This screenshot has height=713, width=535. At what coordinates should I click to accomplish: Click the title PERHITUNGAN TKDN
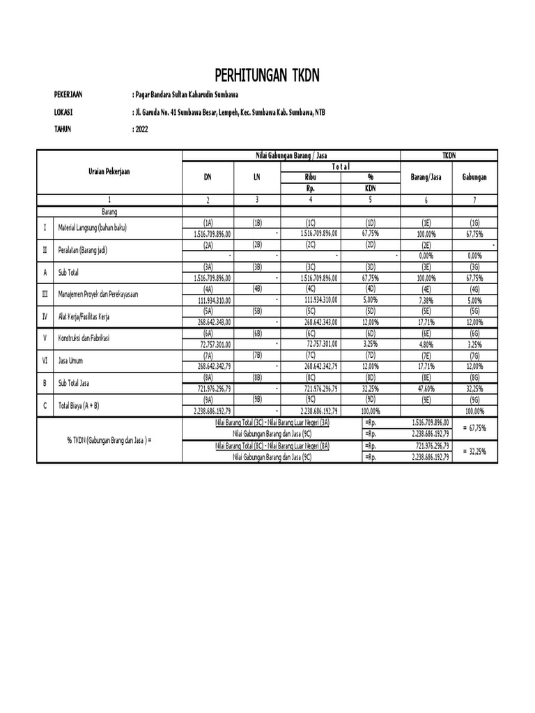coord(267,75)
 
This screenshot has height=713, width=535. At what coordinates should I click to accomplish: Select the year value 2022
coord(141,129)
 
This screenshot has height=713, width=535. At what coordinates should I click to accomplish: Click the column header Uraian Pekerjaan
coord(109,171)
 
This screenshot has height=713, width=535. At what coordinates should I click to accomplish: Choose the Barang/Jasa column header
coord(426,177)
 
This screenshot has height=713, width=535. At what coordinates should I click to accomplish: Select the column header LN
coord(256,177)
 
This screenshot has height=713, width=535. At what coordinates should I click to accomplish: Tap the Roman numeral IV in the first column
coord(45,316)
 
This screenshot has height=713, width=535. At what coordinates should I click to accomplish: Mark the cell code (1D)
coord(370,222)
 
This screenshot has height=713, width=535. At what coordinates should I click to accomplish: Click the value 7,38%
coord(426,300)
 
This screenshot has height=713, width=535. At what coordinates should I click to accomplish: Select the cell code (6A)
coord(207,334)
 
